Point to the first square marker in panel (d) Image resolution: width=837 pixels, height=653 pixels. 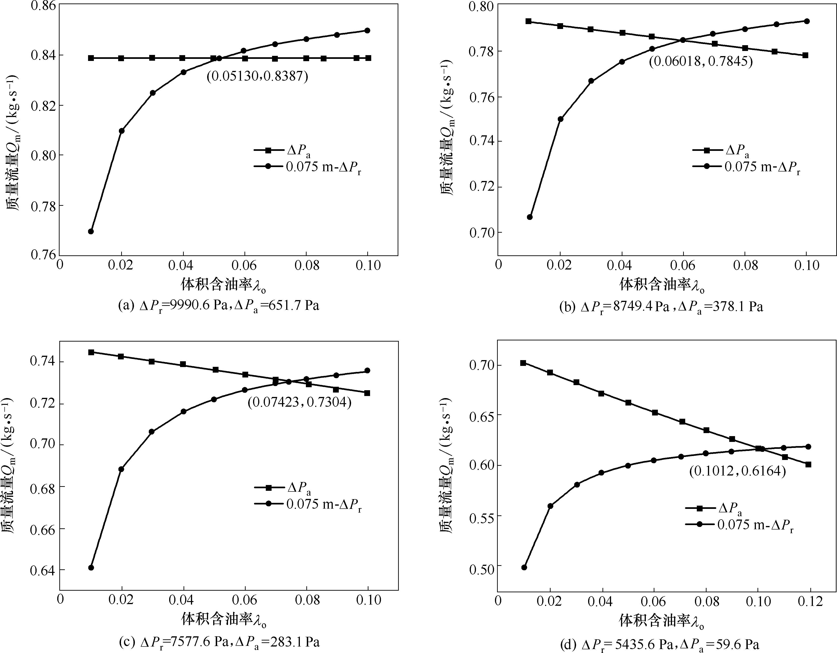[523, 363]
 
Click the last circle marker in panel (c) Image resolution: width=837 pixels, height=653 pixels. [367, 371]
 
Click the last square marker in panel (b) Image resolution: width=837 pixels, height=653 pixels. [805, 55]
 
